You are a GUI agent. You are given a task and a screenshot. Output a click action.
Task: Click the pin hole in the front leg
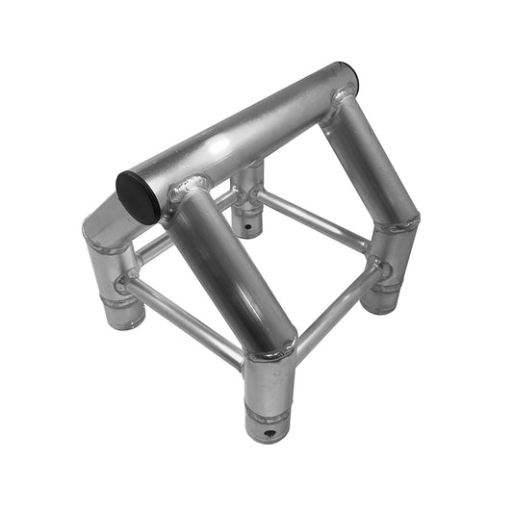pos(266,434)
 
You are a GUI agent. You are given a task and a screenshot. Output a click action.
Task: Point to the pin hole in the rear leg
pos(252,227)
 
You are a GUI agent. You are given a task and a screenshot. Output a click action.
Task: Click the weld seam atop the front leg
pos(270,353)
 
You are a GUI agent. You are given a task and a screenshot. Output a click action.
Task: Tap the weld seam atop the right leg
pos(398,226)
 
